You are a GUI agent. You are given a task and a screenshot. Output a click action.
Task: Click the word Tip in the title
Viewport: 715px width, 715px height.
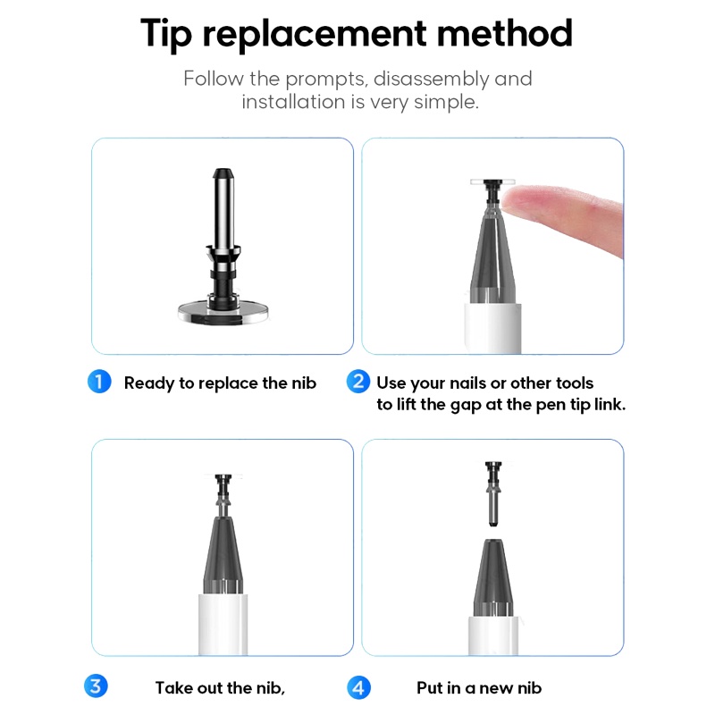(x=166, y=34)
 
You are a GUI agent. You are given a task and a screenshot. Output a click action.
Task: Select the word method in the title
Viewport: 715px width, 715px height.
(x=504, y=33)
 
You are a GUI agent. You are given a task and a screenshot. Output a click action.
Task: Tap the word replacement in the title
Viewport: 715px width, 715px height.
(x=315, y=35)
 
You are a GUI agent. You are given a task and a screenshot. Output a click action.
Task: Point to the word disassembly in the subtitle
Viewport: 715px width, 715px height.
(x=431, y=80)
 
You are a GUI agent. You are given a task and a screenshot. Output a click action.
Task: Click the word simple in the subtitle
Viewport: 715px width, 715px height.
(x=446, y=103)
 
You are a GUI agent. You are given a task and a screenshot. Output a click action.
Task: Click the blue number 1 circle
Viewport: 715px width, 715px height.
(x=99, y=382)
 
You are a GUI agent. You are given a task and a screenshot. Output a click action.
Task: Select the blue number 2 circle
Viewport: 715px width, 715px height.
(x=358, y=382)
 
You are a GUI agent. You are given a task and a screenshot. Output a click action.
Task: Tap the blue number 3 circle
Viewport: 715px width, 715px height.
(x=96, y=686)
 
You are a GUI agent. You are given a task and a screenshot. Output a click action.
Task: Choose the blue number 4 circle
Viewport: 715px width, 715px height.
(x=359, y=687)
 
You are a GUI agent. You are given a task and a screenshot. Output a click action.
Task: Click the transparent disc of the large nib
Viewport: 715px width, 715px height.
(x=223, y=312)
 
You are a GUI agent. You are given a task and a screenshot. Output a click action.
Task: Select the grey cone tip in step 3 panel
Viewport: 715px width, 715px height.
(x=223, y=555)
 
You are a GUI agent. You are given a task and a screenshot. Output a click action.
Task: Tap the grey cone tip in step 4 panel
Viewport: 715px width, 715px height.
(x=493, y=578)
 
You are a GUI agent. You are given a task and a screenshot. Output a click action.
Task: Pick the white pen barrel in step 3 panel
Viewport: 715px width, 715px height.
(x=223, y=625)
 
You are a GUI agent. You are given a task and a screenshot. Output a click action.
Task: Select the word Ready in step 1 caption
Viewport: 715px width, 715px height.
(x=149, y=384)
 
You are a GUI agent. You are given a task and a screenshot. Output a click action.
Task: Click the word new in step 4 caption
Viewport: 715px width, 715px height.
(x=496, y=688)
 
